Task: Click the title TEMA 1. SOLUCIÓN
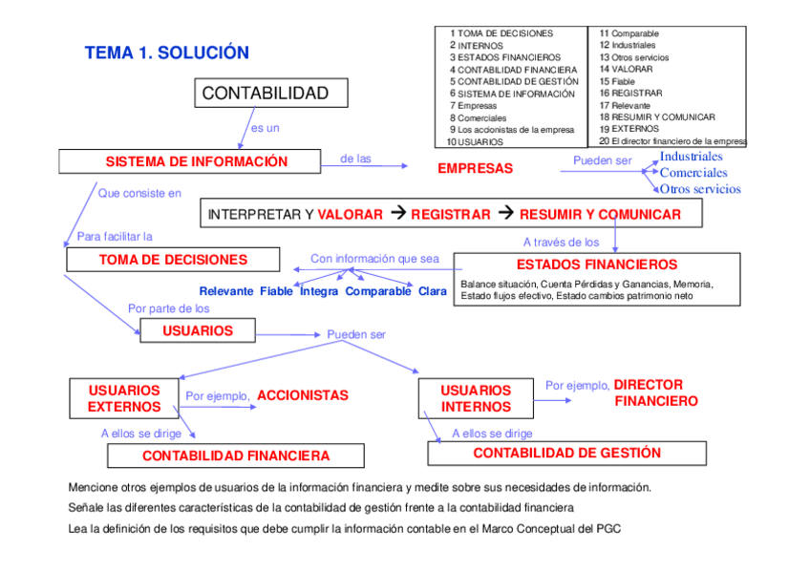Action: pos(166,53)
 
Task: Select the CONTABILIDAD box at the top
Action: pos(271,93)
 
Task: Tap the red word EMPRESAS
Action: pos(475,169)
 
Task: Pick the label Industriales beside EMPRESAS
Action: pos(692,157)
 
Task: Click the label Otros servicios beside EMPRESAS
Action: pos(700,189)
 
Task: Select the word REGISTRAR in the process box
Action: pos(450,215)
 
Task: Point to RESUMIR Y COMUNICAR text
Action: pos(600,215)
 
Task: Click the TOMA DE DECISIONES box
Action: pos(173,260)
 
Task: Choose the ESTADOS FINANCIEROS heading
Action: pos(596,265)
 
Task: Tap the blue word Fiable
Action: pos(277,291)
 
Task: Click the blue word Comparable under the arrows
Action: pos(378,291)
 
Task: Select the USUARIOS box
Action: pos(198,330)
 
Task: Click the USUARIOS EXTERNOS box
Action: pos(124,398)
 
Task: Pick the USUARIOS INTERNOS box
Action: pos(476,398)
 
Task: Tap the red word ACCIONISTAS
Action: pos(303,395)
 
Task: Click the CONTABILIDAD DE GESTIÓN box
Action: pos(566,454)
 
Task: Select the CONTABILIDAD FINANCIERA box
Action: pos(236,456)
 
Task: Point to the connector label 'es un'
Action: pos(265,128)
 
